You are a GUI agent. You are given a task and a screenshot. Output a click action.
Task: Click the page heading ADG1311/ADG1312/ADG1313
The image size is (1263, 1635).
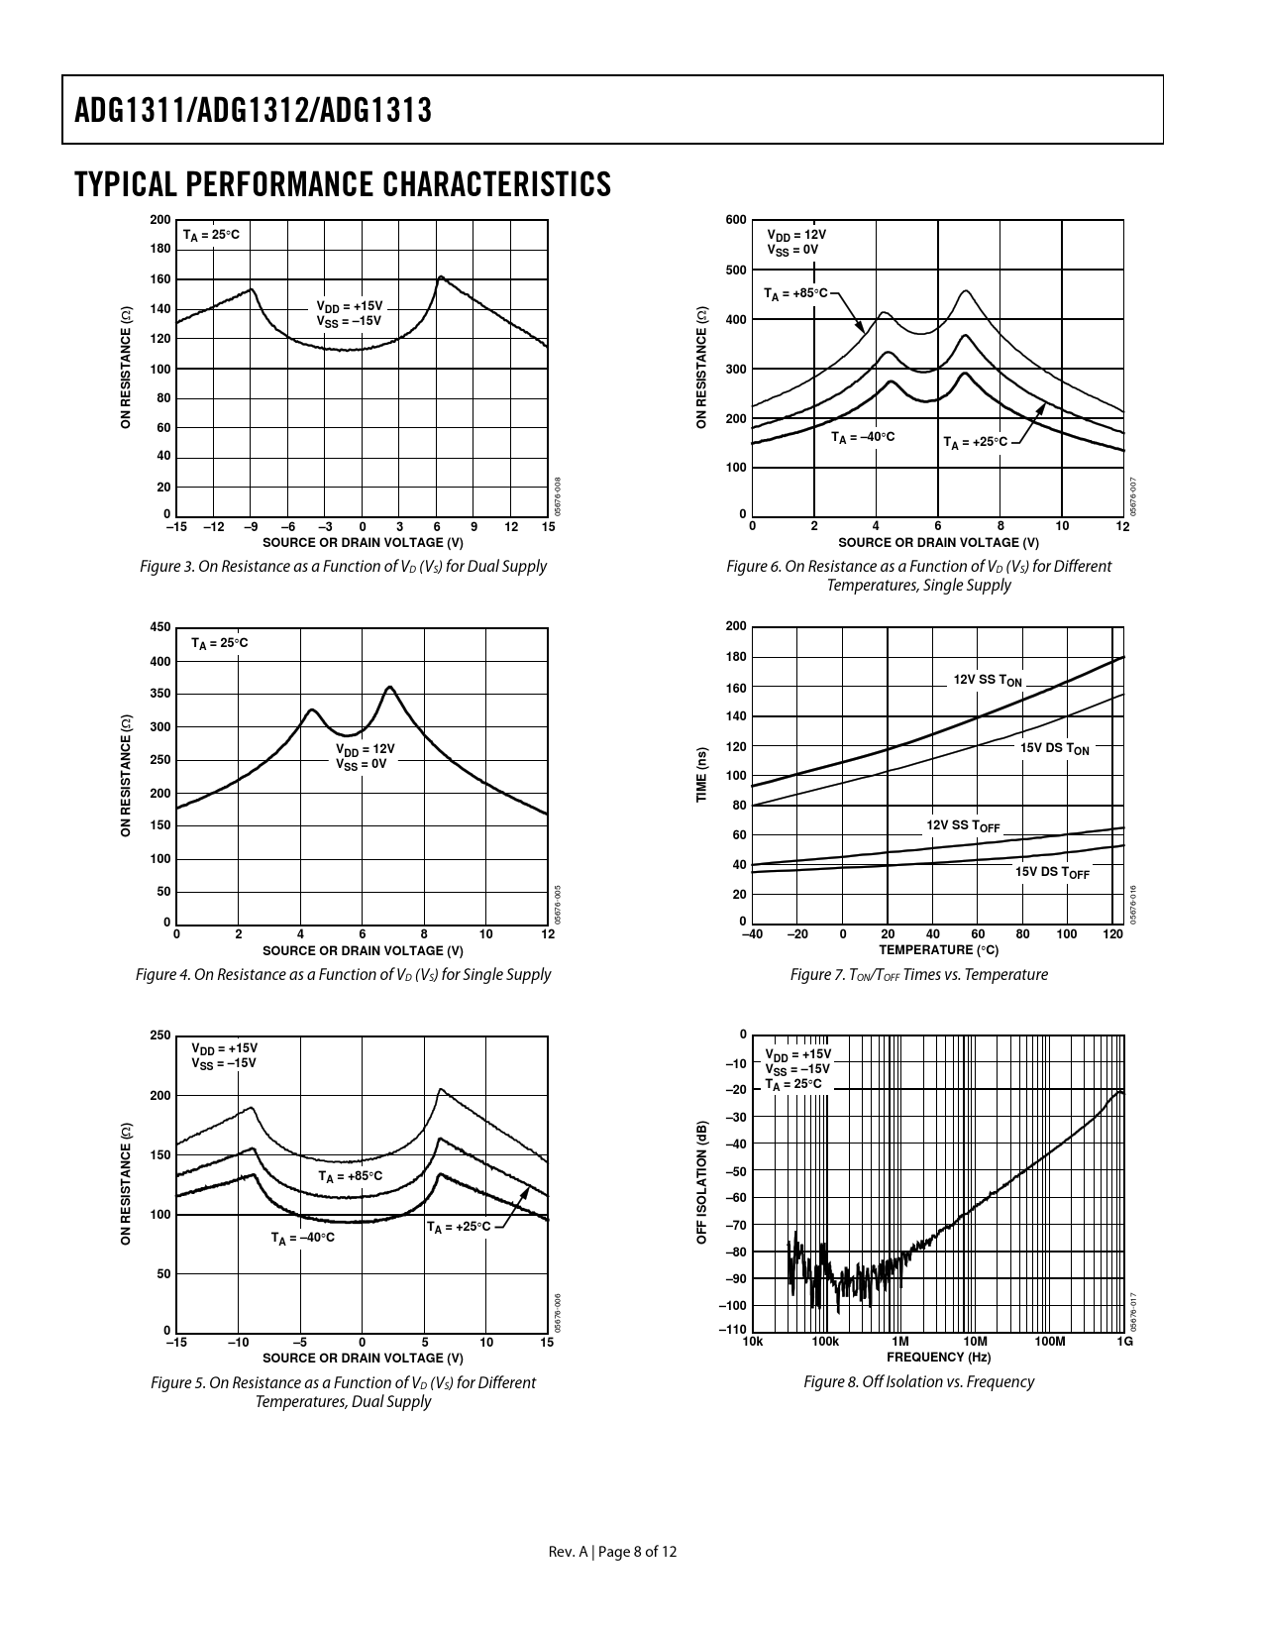click(254, 110)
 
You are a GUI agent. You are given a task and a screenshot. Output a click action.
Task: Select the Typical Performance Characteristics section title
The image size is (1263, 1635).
click(342, 184)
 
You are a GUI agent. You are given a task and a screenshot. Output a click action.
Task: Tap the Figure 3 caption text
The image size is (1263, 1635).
click(343, 567)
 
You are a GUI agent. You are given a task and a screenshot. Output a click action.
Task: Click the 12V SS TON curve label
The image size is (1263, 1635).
click(988, 681)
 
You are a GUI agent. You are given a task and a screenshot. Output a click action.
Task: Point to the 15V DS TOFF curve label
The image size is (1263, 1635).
click(1052, 872)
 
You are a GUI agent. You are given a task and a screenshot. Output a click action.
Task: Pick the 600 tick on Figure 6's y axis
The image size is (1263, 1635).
click(735, 220)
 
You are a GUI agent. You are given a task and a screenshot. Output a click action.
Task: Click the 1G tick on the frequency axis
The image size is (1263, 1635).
click(1124, 1342)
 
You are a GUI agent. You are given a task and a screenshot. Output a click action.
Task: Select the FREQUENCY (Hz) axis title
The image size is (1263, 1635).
click(938, 1358)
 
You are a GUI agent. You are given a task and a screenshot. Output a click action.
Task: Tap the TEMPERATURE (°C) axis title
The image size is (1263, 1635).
click(938, 950)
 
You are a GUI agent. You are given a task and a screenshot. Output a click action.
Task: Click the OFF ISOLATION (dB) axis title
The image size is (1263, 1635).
click(701, 1183)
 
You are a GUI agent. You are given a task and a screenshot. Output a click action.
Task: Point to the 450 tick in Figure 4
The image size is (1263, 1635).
click(159, 627)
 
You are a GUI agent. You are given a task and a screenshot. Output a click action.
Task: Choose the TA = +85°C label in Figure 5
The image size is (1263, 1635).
click(350, 1176)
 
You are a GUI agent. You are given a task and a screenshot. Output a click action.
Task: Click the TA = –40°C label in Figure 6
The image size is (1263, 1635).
click(863, 437)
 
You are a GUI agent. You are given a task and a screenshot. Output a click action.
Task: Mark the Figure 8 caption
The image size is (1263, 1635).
click(918, 1381)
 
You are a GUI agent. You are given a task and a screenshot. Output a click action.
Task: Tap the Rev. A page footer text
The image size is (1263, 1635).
click(613, 1552)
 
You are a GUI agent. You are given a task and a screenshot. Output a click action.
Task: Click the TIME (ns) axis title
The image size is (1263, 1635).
click(701, 776)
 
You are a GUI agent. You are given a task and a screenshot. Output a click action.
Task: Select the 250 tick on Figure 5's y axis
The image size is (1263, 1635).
click(159, 1035)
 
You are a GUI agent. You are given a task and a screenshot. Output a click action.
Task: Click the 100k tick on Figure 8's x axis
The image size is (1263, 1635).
click(825, 1342)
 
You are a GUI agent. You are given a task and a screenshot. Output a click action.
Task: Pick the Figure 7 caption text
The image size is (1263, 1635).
click(918, 975)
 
